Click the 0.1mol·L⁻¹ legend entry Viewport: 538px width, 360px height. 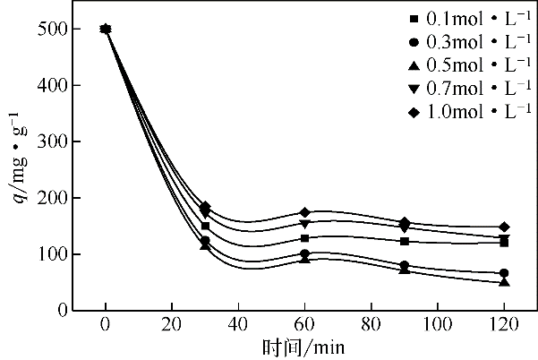coord(464,18)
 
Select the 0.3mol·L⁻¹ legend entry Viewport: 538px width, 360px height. coord(464,41)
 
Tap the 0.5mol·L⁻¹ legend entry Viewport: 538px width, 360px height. coord(464,64)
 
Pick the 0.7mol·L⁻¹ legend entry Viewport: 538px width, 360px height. coord(464,88)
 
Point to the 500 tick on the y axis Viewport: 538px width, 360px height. coord(54,30)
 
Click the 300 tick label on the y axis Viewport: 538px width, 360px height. coord(54,142)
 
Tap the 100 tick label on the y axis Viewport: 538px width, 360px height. coord(54,255)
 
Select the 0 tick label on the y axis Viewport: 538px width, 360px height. coord(63,311)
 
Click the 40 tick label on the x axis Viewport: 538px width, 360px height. coord(238,325)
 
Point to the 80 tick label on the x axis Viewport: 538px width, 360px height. coord(371,325)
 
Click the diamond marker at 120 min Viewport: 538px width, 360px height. coord(504,227)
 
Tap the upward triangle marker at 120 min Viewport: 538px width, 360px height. coord(504,282)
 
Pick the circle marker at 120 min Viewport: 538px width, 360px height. coord(504,273)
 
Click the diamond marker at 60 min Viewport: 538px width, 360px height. coord(305,212)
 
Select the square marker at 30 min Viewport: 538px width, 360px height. coord(205,226)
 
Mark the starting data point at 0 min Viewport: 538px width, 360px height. coord(106,29)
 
